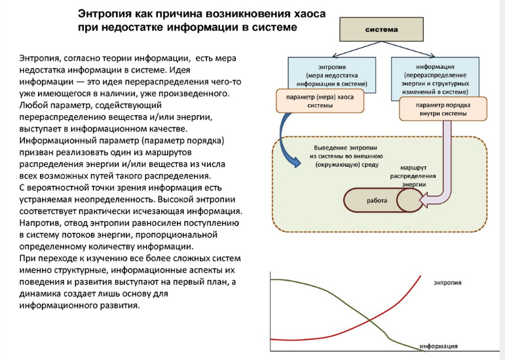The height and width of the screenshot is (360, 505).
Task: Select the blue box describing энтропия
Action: (x=331, y=72)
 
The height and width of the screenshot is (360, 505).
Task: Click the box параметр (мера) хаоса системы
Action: (x=305, y=101)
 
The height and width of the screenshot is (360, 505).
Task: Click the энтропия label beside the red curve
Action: (x=447, y=283)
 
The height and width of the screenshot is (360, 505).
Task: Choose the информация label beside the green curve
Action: (x=438, y=346)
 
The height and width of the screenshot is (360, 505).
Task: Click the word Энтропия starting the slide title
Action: (x=107, y=13)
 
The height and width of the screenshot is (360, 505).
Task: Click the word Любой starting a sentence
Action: (x=33, y=105)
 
